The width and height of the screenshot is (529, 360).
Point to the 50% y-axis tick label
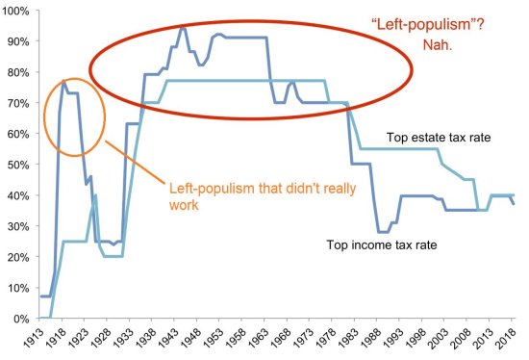pos(17,165)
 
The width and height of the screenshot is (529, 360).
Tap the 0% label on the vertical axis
pos(21,319)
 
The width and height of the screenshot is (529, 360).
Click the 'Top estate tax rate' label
pos(439,138)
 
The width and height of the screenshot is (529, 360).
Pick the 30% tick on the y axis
pos(17,226)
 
